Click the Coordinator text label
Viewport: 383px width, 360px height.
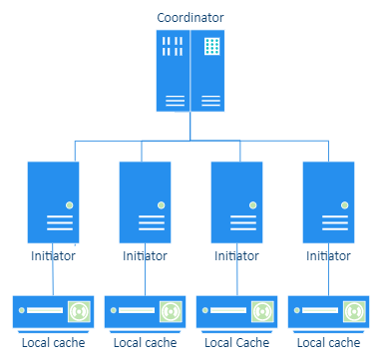click(x=191, y=17)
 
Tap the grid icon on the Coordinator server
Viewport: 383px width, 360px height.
click(x=211, y=46)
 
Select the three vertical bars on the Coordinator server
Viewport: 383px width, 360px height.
click(x=173, y=46)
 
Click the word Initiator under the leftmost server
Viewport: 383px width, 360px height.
click(x=54, y=256)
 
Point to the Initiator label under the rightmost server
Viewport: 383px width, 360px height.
click(x=329, y=256)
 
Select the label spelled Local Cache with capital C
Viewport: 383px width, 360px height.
click(x=237, y=342)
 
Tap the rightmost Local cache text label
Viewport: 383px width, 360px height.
click(x=329, y=342)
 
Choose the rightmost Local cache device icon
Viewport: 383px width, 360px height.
click(x=329, y=311)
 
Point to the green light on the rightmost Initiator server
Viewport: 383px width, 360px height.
click(x=345, y=204)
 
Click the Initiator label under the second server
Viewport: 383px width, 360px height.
click(x=146, y=256)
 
